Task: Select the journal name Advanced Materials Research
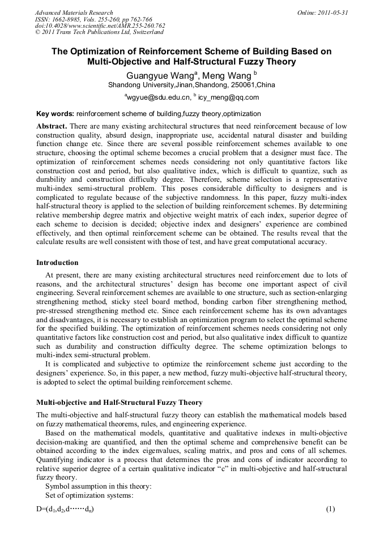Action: point(74,12)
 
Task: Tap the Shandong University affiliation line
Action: point(191,85)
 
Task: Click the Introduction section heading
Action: point(57,263)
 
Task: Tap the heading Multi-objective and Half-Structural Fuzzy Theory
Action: point(119,403)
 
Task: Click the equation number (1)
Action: point(331,509)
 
